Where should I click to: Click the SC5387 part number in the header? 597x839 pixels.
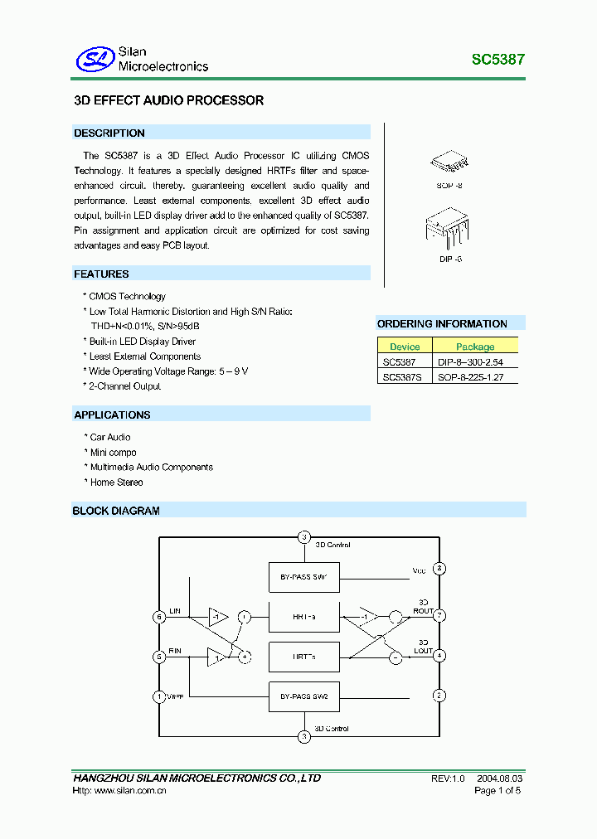[498, 60]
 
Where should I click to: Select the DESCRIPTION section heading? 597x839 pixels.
[109, 133]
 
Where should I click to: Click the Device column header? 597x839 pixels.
[405, 347]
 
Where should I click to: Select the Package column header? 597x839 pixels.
[475, 347]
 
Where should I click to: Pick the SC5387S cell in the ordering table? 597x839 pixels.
[402, 377]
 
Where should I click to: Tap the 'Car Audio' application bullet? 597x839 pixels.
[109, 437]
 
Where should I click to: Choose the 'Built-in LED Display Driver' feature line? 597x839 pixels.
[142, 341]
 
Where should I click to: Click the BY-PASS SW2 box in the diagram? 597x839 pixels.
[304, 696]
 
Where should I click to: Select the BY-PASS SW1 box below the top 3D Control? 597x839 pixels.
[304, 575]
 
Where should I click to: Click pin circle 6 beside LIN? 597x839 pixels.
[159, 616]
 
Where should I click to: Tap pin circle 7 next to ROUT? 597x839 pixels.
[439, 616]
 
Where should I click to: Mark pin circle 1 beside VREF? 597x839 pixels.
[159, 696]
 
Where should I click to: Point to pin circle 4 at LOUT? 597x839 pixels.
[439, 656]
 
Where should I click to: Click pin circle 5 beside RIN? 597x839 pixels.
[159, 656]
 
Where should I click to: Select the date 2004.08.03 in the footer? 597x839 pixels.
[499, 778]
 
